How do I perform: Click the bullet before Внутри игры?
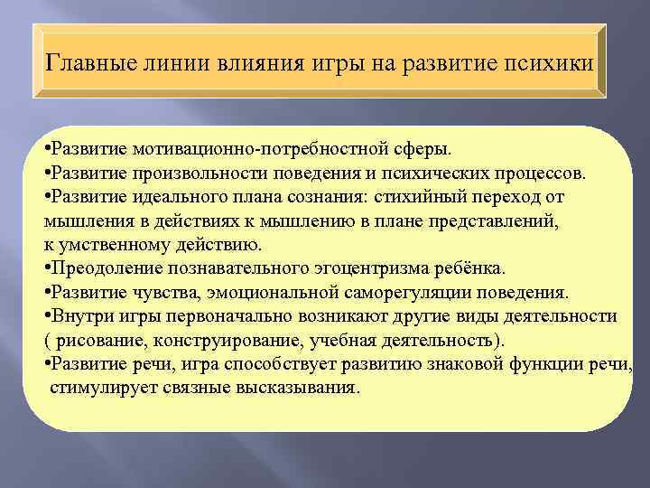[x=47, y=317]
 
